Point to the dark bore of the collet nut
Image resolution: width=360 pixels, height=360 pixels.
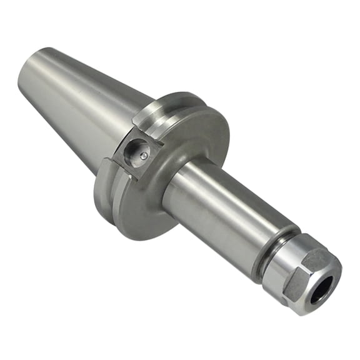click(x=320, y=287)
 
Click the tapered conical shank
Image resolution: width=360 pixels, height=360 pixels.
click(x=81, y=100)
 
